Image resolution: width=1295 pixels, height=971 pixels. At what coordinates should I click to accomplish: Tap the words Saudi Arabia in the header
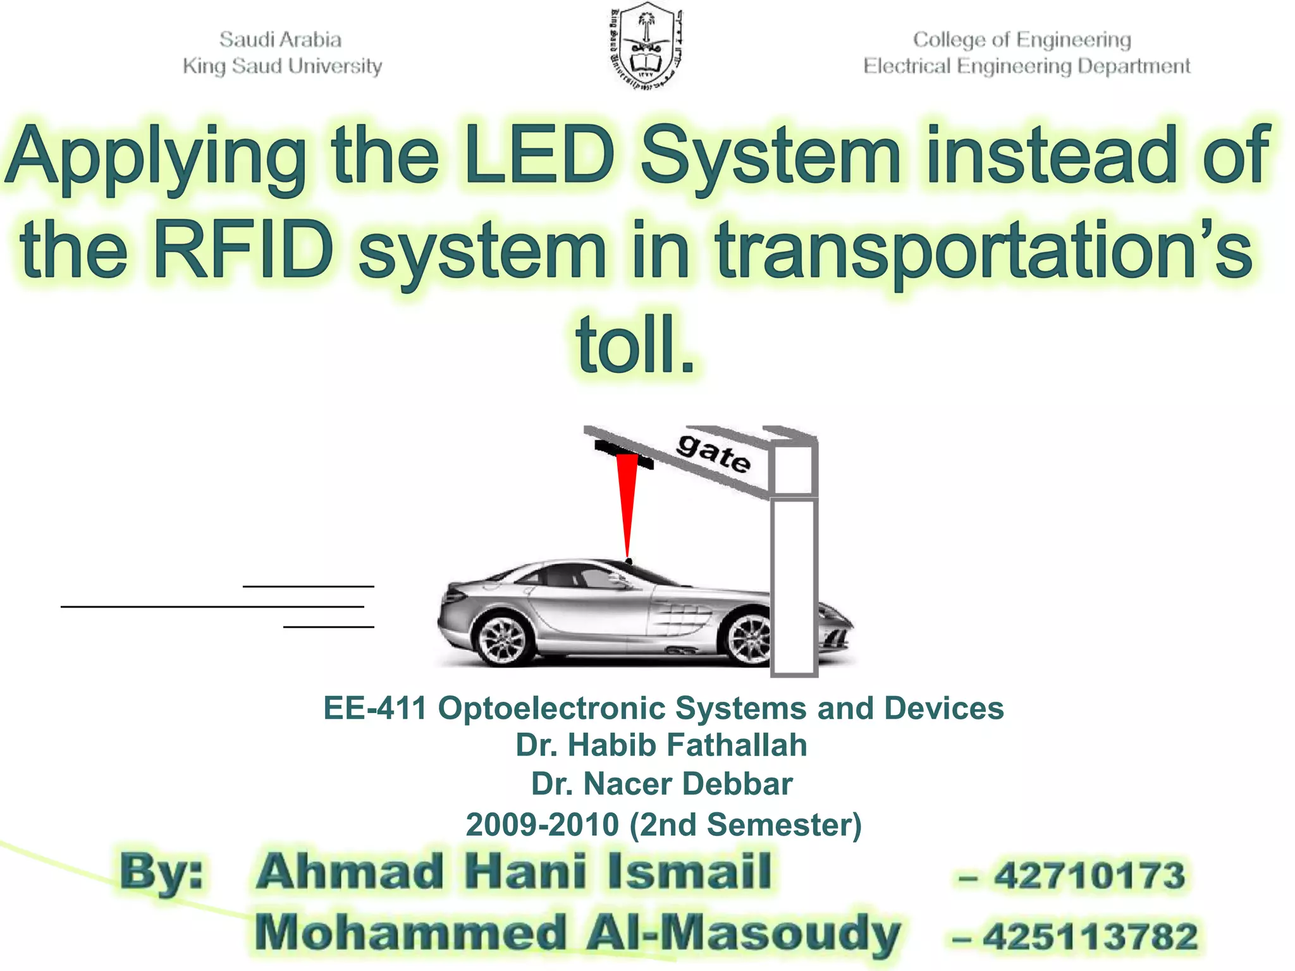[280, 40]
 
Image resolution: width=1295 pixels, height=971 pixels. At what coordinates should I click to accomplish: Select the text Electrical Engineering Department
[1026, 66]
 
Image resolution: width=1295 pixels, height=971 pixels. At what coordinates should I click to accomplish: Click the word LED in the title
[538, 155]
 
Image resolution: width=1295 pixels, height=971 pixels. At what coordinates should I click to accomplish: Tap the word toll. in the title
[635, 345]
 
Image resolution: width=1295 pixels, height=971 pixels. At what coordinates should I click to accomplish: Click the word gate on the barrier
[713, 453]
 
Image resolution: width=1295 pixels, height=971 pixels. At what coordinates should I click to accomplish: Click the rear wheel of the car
[503, 639]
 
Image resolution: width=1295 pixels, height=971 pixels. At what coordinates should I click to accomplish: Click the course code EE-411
[375, 708]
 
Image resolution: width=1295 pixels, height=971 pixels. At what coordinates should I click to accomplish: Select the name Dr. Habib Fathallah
[661, 745]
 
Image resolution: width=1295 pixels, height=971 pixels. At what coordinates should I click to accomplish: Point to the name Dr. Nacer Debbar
[661, 784]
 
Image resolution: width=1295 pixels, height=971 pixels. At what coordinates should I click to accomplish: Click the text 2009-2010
[542, 824]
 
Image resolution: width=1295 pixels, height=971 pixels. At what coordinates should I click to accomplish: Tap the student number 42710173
[1089, 876]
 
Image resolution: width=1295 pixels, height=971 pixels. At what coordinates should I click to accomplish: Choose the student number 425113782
[1090, 936]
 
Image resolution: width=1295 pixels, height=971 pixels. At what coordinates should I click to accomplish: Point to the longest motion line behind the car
[212, 607]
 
